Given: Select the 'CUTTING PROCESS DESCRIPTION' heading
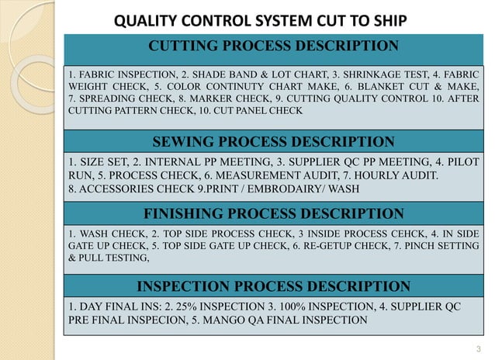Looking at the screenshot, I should (x=274, y=46).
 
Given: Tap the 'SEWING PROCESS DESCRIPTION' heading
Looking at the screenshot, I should (x=273, y=141).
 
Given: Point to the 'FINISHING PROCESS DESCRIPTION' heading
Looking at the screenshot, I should (x=274, y=213).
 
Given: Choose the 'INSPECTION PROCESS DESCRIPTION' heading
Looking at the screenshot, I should (x=273, y=286).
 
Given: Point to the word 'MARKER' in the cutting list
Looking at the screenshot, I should (x=210, y=101).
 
